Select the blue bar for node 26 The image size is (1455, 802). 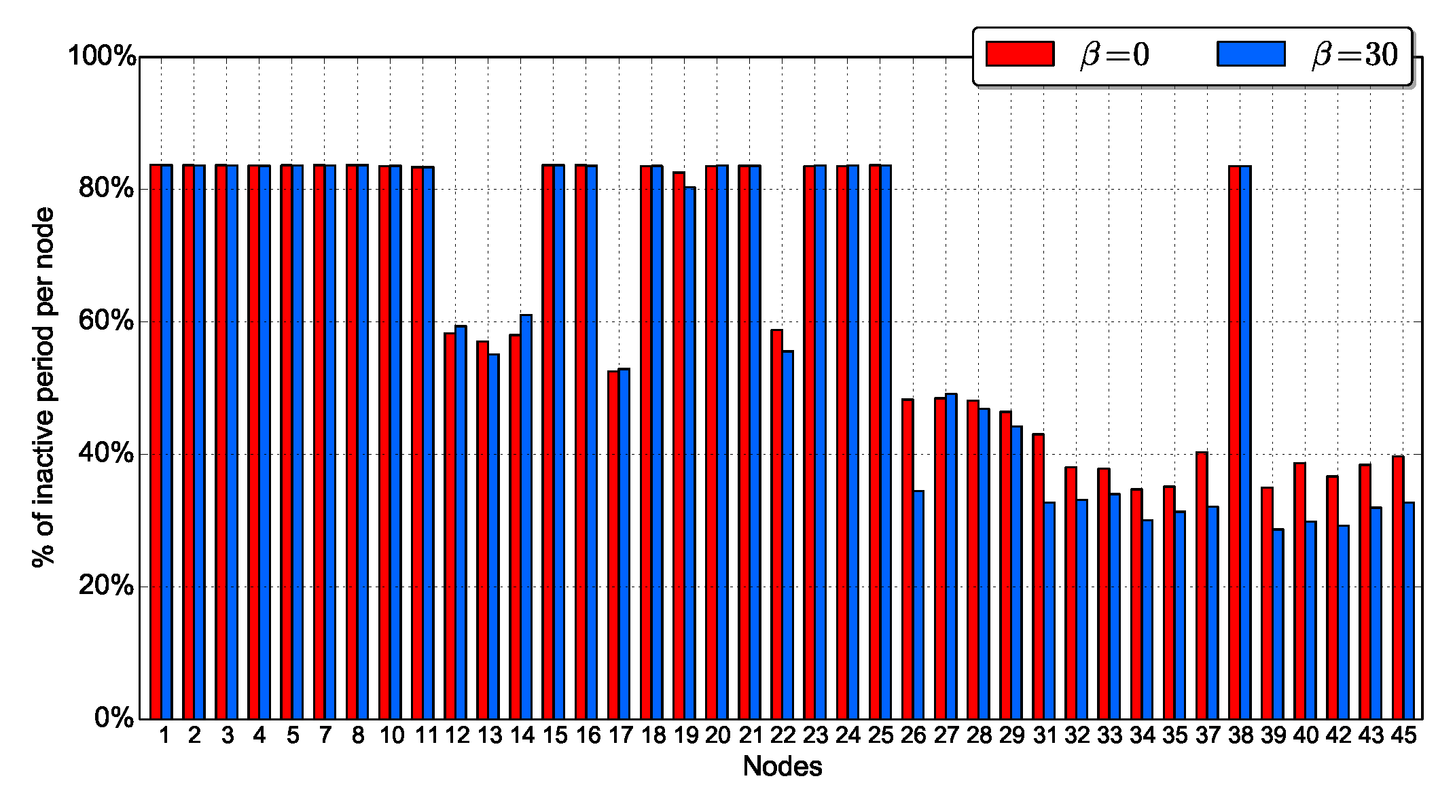pos(918,604)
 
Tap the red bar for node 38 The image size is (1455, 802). pos(1234,442)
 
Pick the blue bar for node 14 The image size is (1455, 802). pos(526,517)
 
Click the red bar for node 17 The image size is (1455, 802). pos(613,544)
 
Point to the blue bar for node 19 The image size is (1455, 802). pos(690,453)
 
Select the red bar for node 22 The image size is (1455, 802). pos(776,524)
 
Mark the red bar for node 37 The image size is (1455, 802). pos(1202,585)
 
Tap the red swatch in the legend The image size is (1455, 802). pos(1020,54)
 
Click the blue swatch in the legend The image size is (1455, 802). pos(1251,54)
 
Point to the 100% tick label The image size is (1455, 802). pos(103,56)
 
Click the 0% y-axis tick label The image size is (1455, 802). pos(114,718)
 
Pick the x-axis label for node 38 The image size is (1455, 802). pos(1240,735)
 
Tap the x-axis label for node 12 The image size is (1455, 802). pos(457,735)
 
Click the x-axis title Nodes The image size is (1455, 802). pos(782,767)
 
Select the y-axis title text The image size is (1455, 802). pos(43,387)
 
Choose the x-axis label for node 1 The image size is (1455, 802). pos(164,735)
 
